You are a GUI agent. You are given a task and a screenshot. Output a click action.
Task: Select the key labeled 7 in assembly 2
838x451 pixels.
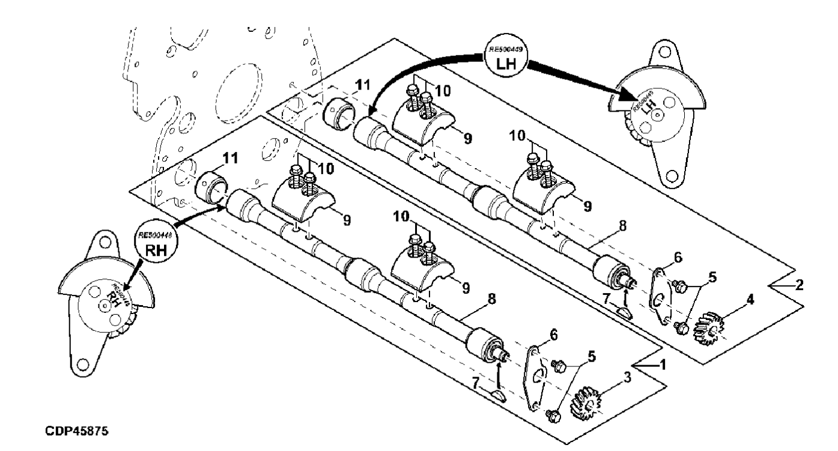pyautogui.click(x=625, y=312)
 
